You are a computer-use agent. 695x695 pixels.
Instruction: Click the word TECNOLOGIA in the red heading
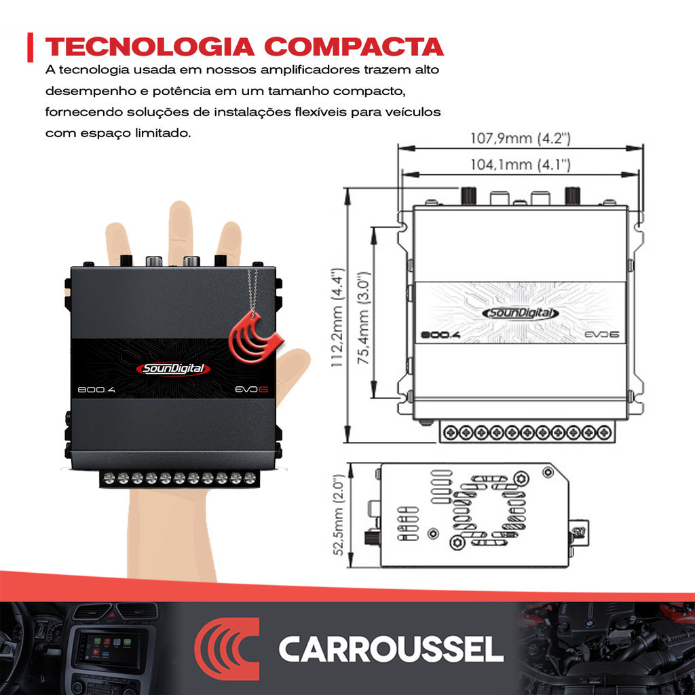pyautogui.click(x=150, y=47)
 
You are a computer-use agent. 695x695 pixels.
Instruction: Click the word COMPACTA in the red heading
pyautogui.click(x=354, y=47)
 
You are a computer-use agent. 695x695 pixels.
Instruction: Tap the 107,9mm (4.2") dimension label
pyautogui.click(x=521, y=138)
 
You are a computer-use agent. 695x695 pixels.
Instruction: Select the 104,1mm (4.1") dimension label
pyautogui.click(x=521, y=165)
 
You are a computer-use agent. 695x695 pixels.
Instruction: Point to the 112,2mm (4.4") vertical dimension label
pyautogui.click(x=338, y=318)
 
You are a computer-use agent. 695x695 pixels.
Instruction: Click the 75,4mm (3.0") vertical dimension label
pyautogui.click(x=364, y=318)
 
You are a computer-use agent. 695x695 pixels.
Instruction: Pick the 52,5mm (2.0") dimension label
pyautogui.click(x=339, y=514)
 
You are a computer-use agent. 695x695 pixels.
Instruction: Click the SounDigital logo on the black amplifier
pyautogui.click(x=173, y=369)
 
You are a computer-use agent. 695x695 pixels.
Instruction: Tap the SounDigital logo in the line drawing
pyautogui.click(x=521, y=314)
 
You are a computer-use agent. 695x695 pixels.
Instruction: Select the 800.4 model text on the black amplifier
pyautogui.click(x=96, y=390)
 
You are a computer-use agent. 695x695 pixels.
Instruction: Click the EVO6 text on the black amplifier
pyautogui.click(x=251, y=390)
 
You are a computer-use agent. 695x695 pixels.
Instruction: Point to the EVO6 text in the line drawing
pyautogui.click(x=602, y=334)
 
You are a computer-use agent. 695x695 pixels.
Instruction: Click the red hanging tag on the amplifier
pyautogui.click(x=255, y=337)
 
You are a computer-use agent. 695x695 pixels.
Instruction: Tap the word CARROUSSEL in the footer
pyautogui.click(x=391, y=650)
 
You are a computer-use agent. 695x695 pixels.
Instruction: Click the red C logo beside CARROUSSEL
pyautogui.click(x=227, y=649)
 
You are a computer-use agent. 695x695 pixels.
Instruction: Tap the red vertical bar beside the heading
pyautogui.click(x=30, y=47)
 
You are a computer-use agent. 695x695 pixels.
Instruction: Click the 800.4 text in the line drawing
pyautogui.click(x=440, y=335)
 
